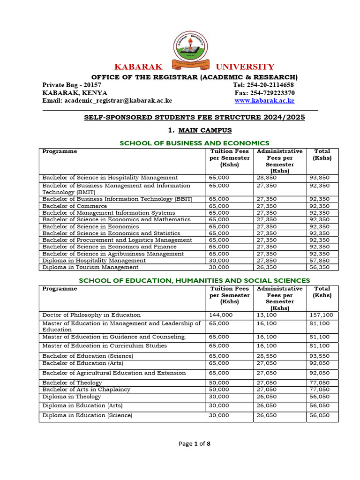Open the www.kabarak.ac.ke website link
click(264, 100)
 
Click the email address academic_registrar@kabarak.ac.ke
click(107, 100)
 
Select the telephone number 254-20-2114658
click(270, 85)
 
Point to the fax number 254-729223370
click(271, 93)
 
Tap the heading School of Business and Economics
click(195, 143)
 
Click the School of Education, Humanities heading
click(195, 280)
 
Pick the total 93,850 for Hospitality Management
click(319, 178)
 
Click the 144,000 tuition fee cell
click(221, 315)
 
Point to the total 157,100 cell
click(321, 315)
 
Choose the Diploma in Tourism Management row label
click(90, 267)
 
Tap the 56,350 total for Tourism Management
click(319, 267)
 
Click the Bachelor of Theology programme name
click(72, 382)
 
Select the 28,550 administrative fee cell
click(268, 356)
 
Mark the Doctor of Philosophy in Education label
click(91, 315)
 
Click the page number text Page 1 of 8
click(194, 444)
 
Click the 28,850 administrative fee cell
click(268, 178)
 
